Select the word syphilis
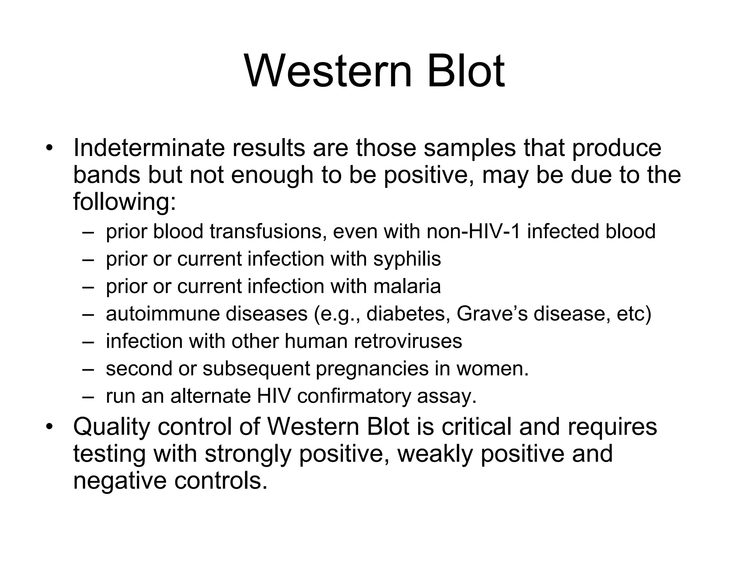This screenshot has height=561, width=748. point(407,259)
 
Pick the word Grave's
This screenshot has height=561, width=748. point(492,314)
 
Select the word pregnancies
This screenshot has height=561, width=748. point(372,369)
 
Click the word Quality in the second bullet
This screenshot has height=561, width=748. point(111,427)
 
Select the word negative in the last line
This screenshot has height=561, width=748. point(120,481)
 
